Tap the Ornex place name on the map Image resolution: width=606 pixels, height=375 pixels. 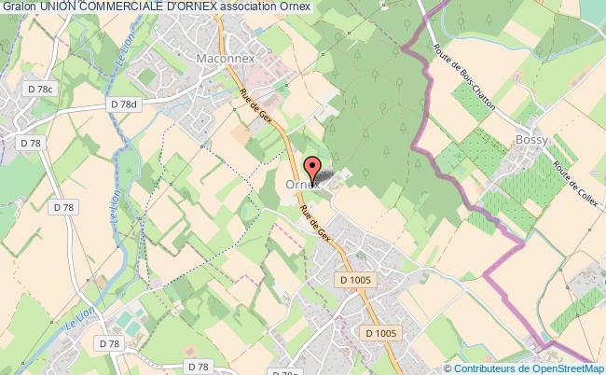303,186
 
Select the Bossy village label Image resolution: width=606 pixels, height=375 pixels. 530,140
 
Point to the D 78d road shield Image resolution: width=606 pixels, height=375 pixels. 123,105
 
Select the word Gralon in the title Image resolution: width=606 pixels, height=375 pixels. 19,7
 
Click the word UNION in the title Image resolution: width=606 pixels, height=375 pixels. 59,7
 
